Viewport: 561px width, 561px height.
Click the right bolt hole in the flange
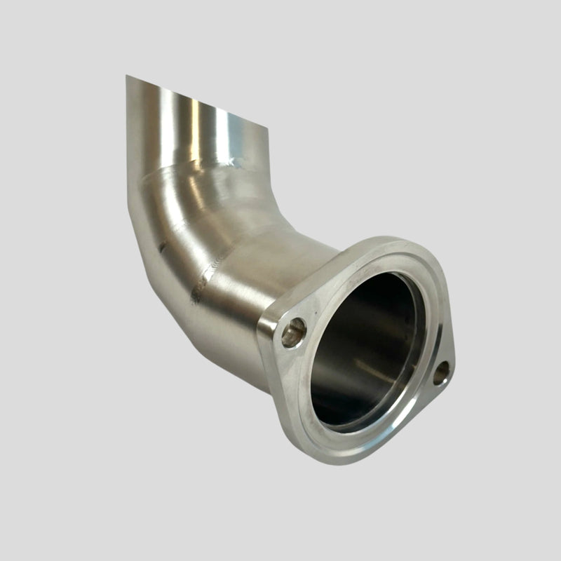point(441,373)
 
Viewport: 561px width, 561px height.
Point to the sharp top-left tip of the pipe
point(127,76)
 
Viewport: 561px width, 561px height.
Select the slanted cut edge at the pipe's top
point(196,104)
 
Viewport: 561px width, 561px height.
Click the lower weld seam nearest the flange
point(210,270)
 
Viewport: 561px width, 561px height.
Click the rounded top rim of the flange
point(393,245)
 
